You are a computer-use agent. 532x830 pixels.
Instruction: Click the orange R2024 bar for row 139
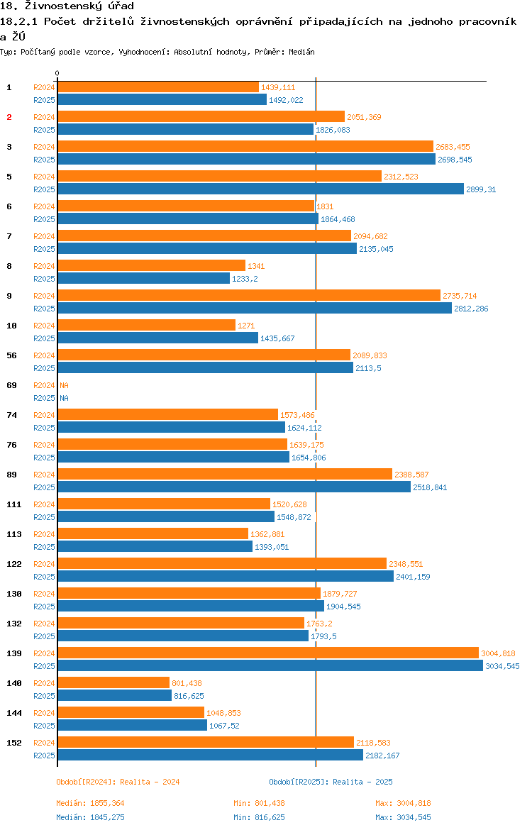tap(268, 653)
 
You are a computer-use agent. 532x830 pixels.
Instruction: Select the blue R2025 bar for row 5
tap(261, 189)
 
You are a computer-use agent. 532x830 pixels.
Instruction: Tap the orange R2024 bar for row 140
tap(113, 682)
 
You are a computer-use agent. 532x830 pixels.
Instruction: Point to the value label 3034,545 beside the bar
tap(502, 666)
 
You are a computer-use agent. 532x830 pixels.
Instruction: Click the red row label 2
tap(9, 117)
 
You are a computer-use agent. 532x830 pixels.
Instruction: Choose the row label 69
tap(11, 385)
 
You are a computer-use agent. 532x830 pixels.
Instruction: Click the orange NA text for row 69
tap(64, 385)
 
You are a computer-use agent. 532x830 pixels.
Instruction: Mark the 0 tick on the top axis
tap(57, 74)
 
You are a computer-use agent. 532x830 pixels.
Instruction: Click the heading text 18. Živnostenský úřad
tap(67, 6)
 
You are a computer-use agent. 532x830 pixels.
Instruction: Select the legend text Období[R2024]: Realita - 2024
tap(118, 782)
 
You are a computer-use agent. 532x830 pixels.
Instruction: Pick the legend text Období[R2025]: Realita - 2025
tap(331, 782)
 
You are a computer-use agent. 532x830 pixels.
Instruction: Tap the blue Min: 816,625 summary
tap(259, 817)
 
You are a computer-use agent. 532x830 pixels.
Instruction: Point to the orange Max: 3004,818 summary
tap(403, 803)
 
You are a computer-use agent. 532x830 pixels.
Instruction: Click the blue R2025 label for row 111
tap(44, 517)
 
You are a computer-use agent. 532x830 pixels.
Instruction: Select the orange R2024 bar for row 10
tap(146, 325)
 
